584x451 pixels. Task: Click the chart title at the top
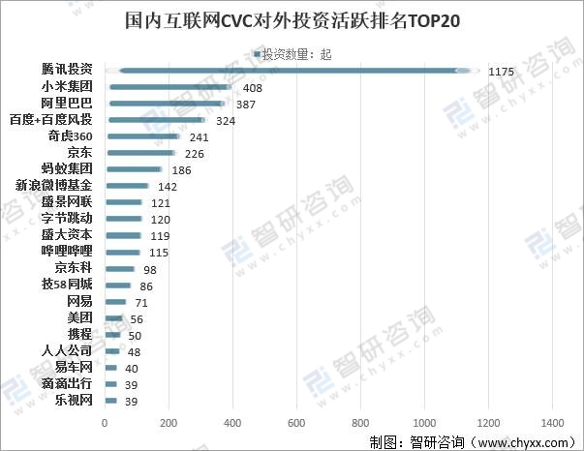pos(291,20)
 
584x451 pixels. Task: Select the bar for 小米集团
pos(170,87)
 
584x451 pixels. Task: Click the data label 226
pos(195,153)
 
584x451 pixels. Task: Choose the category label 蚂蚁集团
pos(67,169)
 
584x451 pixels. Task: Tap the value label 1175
pos(501,72)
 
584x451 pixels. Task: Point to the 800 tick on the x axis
pos(361,423)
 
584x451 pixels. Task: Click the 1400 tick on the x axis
pos(553,423)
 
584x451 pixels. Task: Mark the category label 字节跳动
pos(67,219)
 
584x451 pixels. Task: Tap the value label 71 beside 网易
pos(141,302)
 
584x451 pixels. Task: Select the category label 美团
pos(79,317)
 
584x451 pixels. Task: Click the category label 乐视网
pos(73,400)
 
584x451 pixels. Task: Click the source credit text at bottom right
pos(474,441)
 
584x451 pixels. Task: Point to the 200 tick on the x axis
pos(169,423)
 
